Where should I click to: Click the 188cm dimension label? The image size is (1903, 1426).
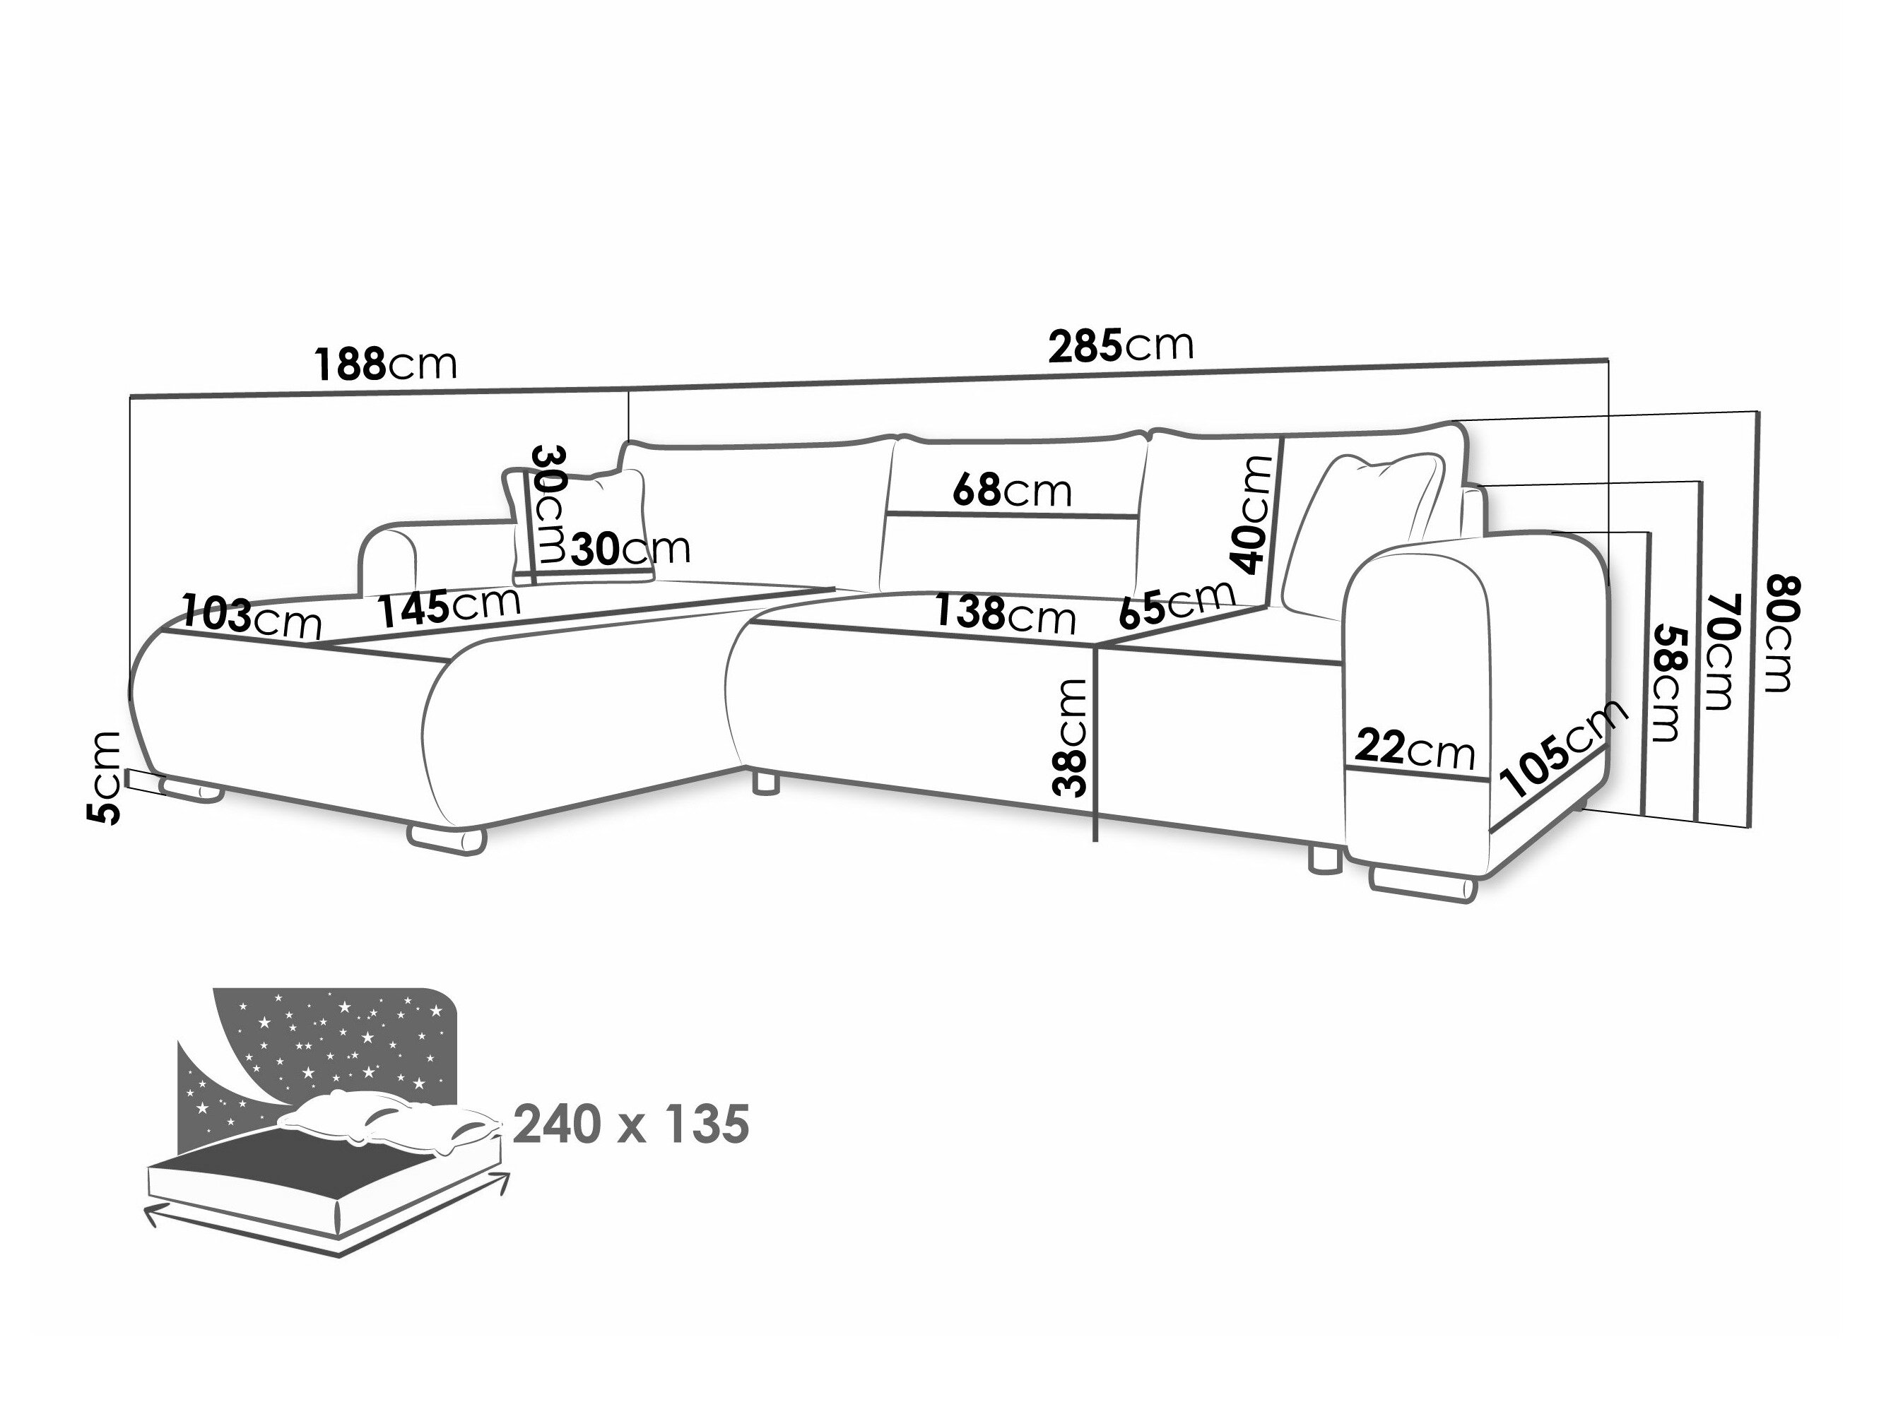[384, 364]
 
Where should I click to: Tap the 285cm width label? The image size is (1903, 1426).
[1120, 346]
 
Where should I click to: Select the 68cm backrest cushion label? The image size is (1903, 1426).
[1012, 491]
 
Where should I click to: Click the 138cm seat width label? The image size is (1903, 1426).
[1005, 614]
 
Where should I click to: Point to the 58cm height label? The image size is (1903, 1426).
[1664, 682]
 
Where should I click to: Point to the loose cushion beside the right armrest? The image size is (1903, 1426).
[1364, 533]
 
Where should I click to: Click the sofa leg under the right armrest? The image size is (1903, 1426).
[1421, 886]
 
